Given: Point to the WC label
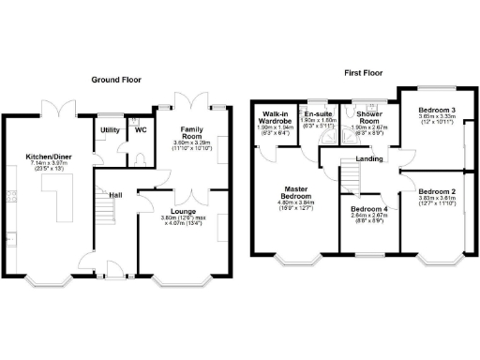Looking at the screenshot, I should coord(141,128).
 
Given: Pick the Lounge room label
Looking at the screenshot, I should coord(182,213).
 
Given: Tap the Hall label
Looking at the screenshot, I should coord(115,194).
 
